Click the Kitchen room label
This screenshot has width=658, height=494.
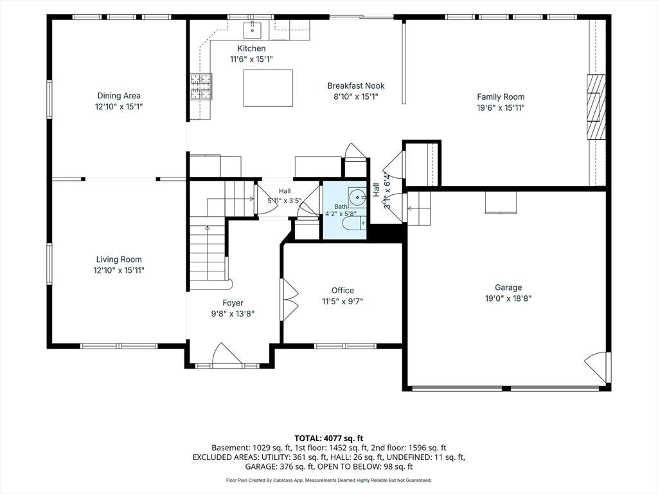tap(251, 48)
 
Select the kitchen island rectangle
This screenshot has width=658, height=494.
tap(268, 88)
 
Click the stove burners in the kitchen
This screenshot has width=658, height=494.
tap(201, 87)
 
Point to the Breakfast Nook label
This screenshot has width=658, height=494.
tap(356, 86)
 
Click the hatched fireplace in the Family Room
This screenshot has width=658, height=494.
tap(596, 107)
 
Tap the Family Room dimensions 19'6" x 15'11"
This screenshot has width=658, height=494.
tap(501, 107)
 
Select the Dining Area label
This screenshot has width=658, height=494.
tap(119, 96)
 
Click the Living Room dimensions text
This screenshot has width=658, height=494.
tap(119, 270)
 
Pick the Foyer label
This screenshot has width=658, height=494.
tap(233, 303)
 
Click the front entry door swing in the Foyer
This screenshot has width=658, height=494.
tap(227, 355)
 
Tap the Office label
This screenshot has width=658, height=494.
tap(342, 290)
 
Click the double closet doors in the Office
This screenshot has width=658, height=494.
tap(289, 300)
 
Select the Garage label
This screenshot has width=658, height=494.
tap(508, 288)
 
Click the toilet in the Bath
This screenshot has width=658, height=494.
tap(354, 224)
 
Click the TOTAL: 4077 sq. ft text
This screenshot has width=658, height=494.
tap(328, 439)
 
